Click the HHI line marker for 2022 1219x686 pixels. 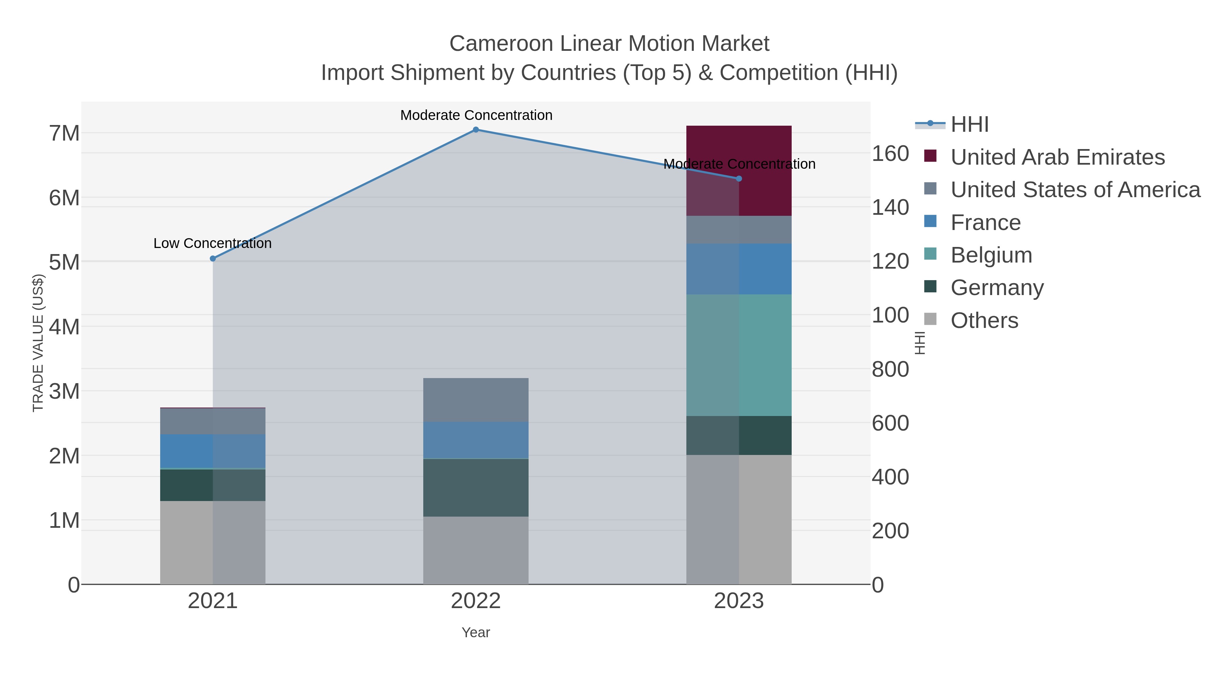(x=476, y=130)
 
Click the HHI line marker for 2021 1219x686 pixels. (x=212, y=258)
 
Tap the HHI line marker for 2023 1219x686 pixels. (x=739, y=179)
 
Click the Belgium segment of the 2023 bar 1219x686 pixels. (x=739, y=355)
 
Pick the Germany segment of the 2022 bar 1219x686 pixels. (x=476, y=487)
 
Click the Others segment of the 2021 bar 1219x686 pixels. (x=212, y=543)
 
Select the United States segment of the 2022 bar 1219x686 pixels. (x=476, y=400)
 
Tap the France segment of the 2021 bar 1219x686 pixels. (x=212, y=451)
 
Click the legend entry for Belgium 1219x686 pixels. (x=991, y=255)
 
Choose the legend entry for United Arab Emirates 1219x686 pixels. (x=1057, y=157)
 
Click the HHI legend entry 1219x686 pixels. (x=969, y=125)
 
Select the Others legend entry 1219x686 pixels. (x=984, y=320)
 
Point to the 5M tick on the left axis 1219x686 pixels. (x=64, y=262)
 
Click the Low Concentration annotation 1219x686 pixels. (x=212, y=243)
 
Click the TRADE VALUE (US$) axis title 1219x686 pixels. (x=38, y=343)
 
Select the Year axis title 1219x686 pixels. (x=476, y=632)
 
